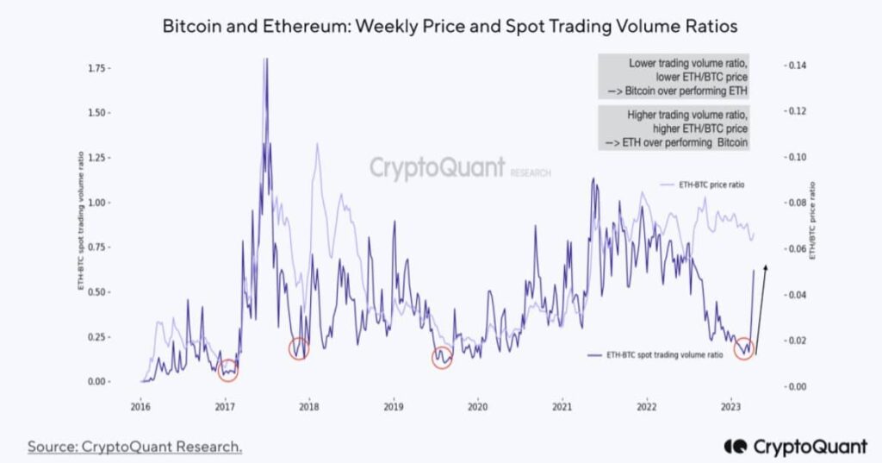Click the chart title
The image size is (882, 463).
450,27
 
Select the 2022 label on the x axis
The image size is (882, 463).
646,406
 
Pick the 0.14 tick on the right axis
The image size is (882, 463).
795,66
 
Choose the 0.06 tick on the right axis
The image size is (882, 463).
795,249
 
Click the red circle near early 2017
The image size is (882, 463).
227,370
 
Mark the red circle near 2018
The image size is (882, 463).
298,348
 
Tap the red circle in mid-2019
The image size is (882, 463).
442,358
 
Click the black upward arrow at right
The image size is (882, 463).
761,310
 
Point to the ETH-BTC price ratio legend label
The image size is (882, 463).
711,185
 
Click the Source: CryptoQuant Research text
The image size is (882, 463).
134,446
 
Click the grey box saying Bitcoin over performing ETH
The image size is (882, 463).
674,77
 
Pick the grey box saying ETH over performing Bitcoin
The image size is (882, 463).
674,128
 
